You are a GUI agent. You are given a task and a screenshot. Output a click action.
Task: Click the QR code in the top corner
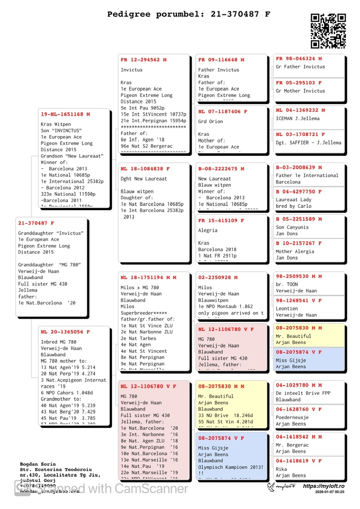coord(328,31)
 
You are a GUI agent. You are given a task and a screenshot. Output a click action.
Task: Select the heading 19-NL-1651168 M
coord(65,114)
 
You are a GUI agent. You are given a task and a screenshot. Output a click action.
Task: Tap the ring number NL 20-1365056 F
coord(65,332)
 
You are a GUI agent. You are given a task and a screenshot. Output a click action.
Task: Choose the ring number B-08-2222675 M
coord(221,169)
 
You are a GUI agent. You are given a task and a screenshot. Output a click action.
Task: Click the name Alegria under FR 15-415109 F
coord(208,230)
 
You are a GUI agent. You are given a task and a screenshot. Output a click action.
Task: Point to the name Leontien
coord(287,309)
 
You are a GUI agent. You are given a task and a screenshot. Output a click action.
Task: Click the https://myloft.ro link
coord(324,486)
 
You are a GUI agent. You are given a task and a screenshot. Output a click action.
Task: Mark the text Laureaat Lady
coord(293,200)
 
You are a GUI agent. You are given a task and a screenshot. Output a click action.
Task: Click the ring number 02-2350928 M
coord(218,278)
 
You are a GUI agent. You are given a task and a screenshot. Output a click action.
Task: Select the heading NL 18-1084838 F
coord(145,169)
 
